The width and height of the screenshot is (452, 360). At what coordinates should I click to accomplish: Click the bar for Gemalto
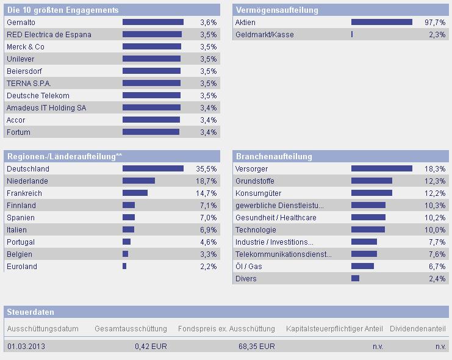pos(152,23)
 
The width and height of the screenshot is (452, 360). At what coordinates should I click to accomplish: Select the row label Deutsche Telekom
pos(38,96)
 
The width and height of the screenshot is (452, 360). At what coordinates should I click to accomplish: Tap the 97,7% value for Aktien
pos(436,23)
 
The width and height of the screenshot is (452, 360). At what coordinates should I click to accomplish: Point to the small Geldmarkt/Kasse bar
pos(352,35)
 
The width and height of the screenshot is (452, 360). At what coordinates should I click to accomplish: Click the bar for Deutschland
pos(152,169)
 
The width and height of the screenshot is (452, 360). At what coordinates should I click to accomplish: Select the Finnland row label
pos(21,206)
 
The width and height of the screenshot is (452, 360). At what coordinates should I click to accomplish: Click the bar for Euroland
pos(124,267)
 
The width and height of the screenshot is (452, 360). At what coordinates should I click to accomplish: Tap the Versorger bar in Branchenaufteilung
pos(381,169)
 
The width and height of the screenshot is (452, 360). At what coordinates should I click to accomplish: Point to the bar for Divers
pos(355,279)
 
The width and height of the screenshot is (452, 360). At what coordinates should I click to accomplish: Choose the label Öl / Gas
pos(249,267)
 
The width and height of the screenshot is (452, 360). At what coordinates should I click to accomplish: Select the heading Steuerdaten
pos(30,312)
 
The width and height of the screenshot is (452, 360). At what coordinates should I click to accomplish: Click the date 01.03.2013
pos(26,347)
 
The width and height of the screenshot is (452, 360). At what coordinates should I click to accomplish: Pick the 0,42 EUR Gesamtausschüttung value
pos(151,347)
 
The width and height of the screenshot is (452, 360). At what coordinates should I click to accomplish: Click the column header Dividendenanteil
pos(418,329)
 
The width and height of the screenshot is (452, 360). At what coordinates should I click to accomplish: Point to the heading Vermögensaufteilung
pos(276,10)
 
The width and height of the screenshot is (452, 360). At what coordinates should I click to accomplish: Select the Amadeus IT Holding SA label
pos(46,108)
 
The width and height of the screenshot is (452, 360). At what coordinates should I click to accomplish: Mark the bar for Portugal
pos(126,242)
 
